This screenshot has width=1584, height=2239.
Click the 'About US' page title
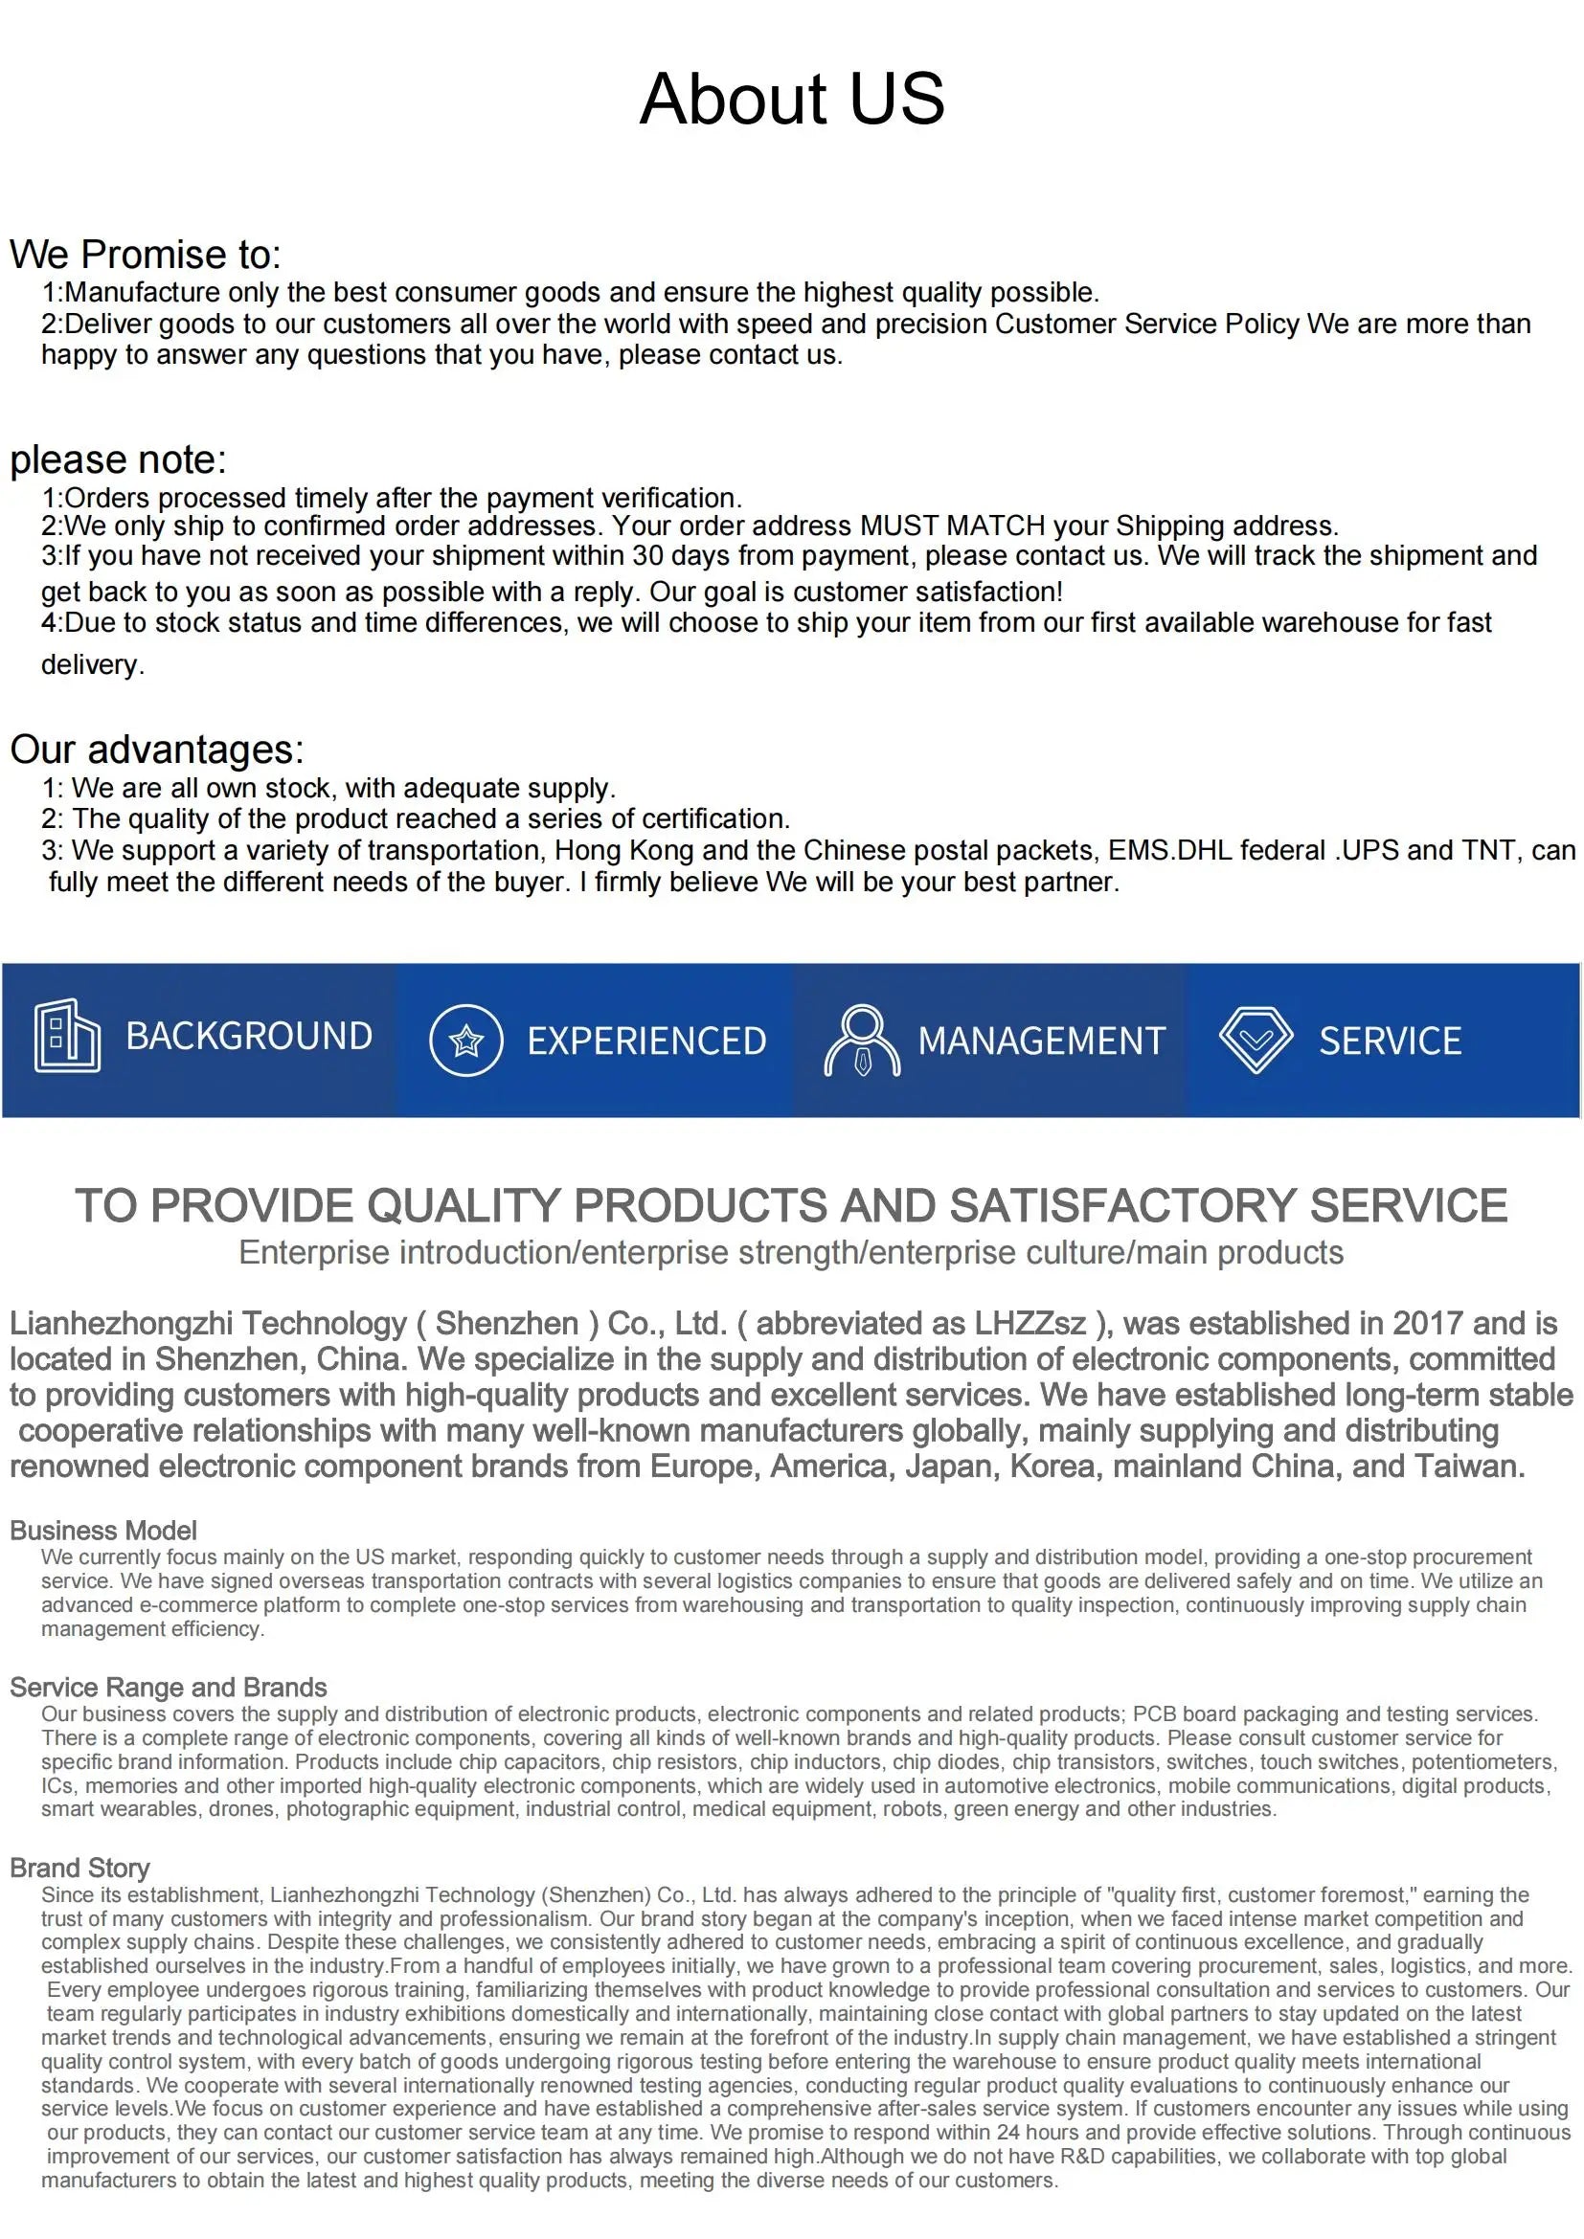pyautogui.click(x=791, y=99)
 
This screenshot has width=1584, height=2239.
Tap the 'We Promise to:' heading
pyautogui.click(x=146, y=255)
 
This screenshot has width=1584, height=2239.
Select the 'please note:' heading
pyautogui.click(x=118, y=459)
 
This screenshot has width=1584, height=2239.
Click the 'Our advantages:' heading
pyautogui.click(x=157, y=749)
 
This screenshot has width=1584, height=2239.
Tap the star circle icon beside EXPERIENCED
pyautogui.click(x=466, y=1041)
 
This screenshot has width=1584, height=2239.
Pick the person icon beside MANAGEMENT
pyautogui.click(x=862, y=1041)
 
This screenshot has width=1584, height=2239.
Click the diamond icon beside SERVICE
pyautogui.click(x=1256, y=1040)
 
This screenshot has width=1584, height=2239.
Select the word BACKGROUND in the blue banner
pyautogui.click(x=249, y=1036)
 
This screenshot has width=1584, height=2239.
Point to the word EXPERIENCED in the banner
pyautogui.click(x=646, y=1041)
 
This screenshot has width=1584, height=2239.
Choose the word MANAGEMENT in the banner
pyautogui.click(x=1042, y=1041)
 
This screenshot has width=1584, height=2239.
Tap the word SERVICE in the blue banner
pyautogui.click(x=1390, y=1041)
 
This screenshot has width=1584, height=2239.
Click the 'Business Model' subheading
pyautogui.click(x=103, y=1530)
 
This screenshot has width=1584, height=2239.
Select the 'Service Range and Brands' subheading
pyautogui.click(x=168, y=1687)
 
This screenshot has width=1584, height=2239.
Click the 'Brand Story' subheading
pyautogui.click(x=80, y=1868)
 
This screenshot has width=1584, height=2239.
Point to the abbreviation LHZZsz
pyautogui.click(x=1029, y=1323)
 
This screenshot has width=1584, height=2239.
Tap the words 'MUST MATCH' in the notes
pyautogui.click(x=952, y=526)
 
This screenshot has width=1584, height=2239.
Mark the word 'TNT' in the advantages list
pyautogui.click(x=1488, y=850)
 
